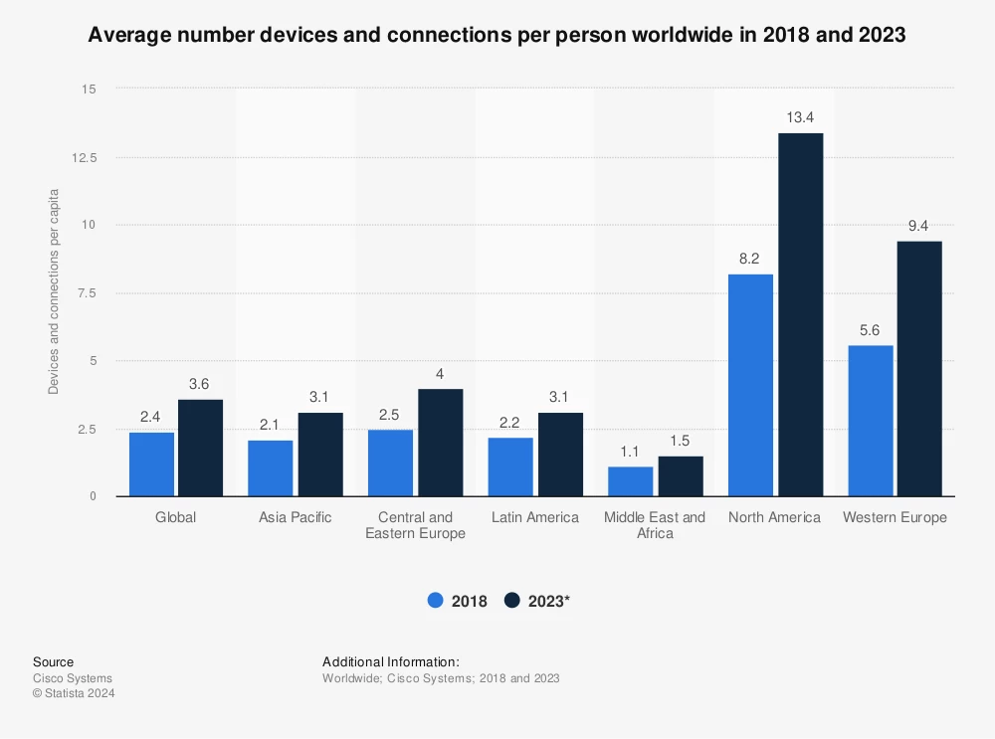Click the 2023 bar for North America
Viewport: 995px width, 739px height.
point(800,314)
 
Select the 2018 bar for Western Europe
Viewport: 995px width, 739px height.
point(871,421)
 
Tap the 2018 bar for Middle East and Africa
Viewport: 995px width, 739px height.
point(631,481)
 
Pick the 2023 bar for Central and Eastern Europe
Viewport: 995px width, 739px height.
point(441,443)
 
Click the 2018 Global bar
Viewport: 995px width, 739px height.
point(151,464)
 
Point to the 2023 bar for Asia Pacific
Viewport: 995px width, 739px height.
point(320,455)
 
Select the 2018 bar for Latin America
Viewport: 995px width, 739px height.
point(510,466)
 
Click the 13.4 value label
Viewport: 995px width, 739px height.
point(800,117)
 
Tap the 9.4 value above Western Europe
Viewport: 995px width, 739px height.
point(920,226)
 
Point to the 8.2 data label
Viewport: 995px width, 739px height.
point(750,259)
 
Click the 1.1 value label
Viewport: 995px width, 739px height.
point(631,451)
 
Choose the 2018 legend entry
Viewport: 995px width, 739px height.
point(457,601)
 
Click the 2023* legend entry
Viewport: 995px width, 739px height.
point(537,601)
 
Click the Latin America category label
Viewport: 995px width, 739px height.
point(535,517)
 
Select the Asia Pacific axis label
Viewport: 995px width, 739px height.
point(296,517)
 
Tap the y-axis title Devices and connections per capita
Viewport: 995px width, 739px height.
point(54,291)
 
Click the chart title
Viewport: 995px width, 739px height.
point(497,36)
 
